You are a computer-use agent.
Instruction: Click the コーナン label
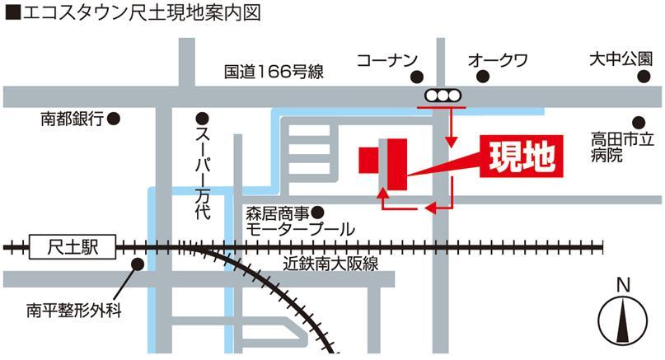point(387,60)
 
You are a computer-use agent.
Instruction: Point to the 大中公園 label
point(620,60)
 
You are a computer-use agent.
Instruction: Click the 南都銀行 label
point(72,119)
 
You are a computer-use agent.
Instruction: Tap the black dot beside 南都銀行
point(115,119)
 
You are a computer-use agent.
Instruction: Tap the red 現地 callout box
point(521,156)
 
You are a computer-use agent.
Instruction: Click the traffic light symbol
point(445,96)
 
